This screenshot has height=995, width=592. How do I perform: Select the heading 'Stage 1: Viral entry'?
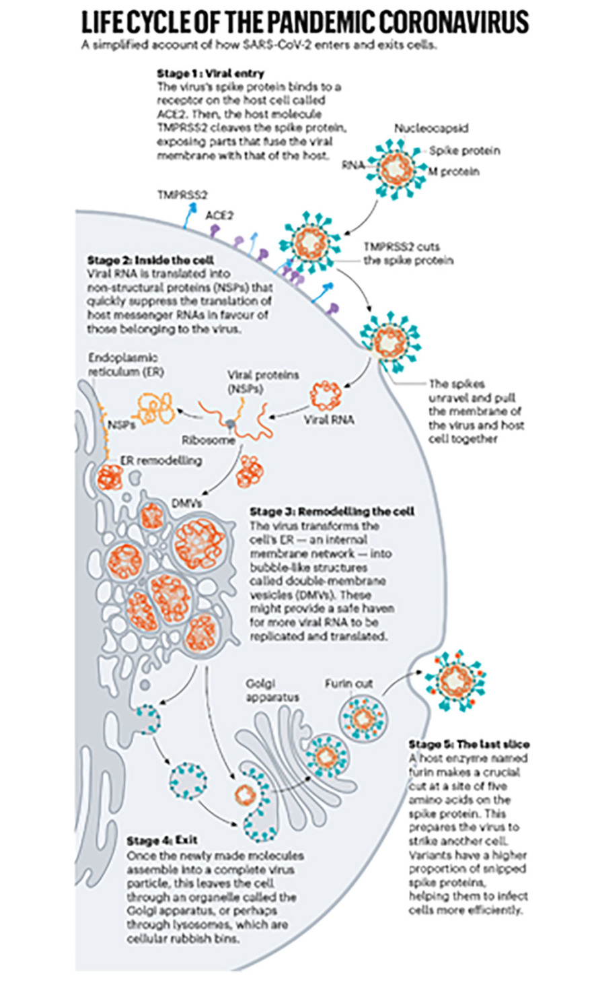pyautogui.click(x=210, y=73)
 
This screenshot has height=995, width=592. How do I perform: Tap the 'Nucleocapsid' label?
pyautogui.click(x=431, y=128)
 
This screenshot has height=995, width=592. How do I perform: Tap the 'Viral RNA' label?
pyautogui.click(x=329, y=419)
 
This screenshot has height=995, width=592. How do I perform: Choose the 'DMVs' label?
pyautogui.click(x=185, y=503)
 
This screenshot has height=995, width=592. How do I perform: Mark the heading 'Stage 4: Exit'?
pyautogui.click(x=159, y=842)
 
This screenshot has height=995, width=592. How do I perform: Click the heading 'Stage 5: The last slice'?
pyautogui.click(x=469, y=744)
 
